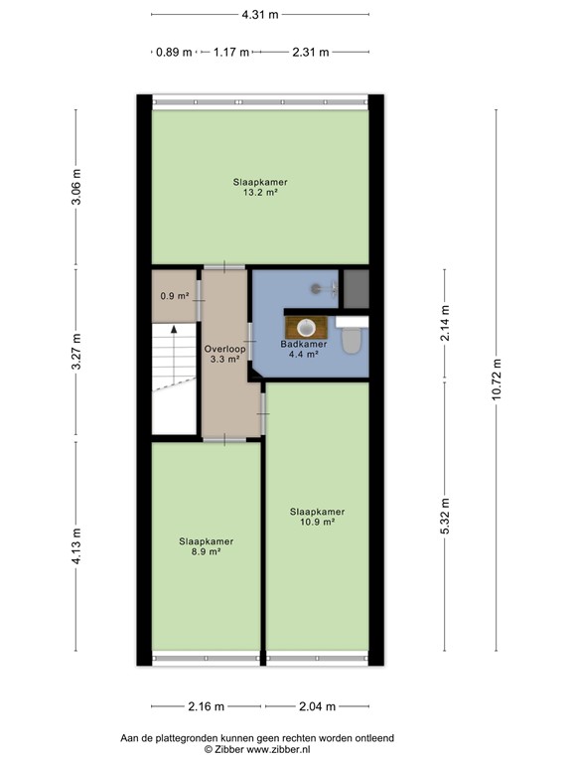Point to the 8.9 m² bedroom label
point(206,553)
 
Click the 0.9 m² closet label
point(174,296)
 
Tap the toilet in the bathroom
point(351,341)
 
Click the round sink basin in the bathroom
point(304,326)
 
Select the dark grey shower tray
point(356,288)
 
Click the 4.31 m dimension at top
point(259,14)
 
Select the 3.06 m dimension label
point(76,187)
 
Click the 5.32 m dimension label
point(444,515)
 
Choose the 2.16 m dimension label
point(207,707)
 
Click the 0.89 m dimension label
point(173,53)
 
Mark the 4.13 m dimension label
point(76,545)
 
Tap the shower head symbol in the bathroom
point(316,288)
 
